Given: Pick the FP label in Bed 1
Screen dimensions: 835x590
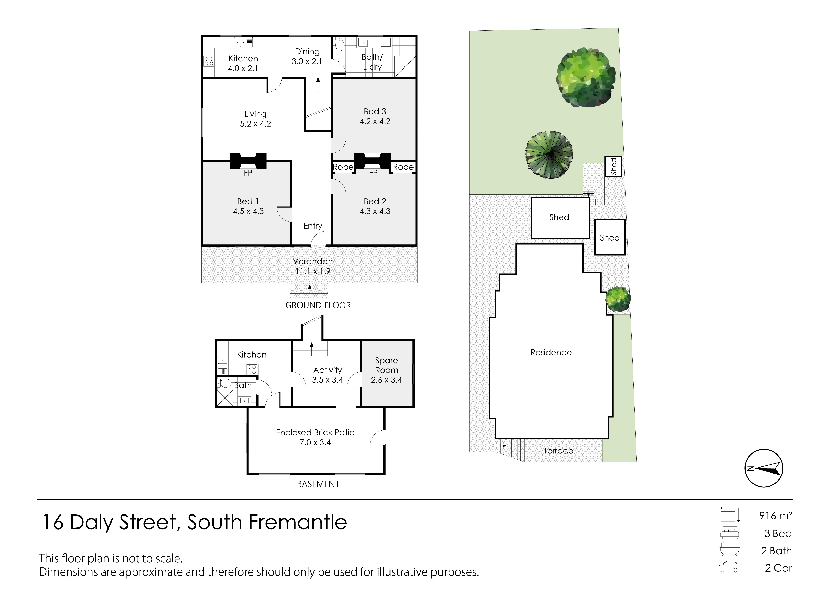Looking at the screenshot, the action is coord(248,173).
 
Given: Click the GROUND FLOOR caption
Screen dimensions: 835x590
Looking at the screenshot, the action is coord(318,305).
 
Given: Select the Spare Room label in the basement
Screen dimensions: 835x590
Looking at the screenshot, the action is coord(387,365).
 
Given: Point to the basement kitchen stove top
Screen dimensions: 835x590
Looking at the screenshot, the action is coord(252,370).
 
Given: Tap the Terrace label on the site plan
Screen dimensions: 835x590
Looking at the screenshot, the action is coord(558,451).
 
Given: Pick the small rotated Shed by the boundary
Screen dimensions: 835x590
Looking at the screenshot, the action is coord(614,167).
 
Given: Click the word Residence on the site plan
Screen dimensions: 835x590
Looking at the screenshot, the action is coord(551,352).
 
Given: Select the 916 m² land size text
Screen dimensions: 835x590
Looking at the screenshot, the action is coord(776,515).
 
